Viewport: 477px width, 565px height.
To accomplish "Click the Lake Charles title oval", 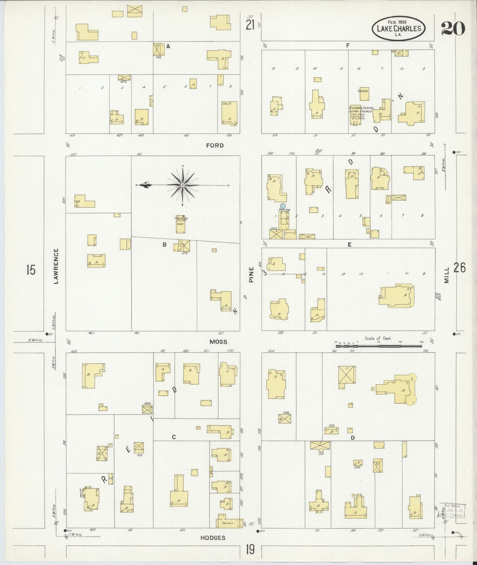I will [398, 28].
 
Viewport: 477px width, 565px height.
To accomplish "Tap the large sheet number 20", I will [453, 28].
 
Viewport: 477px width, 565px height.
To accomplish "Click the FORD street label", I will [215, 145].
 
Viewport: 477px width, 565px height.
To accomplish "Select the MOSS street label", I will [219, 342].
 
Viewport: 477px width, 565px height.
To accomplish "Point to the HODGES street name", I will [213, 538].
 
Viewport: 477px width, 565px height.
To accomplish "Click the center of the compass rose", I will [183, 185].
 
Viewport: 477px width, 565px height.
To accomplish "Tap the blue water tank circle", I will [283, 206].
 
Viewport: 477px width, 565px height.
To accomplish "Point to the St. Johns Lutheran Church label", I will [360, 110].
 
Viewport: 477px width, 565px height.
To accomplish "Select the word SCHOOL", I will [363, 91].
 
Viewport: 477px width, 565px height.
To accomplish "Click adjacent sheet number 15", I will [31, 270].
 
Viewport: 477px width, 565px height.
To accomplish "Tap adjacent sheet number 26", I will [460, 268].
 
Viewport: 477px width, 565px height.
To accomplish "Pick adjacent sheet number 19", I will [250, 550].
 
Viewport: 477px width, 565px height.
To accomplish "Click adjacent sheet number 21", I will [250, 24].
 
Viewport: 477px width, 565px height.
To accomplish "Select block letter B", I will [164, 245].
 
